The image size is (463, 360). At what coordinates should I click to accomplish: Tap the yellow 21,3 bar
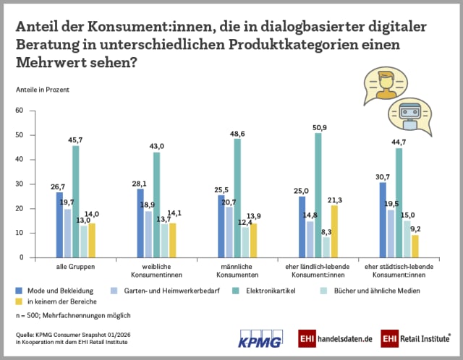[334, 231]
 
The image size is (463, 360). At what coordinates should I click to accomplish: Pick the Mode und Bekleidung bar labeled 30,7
[383, 220]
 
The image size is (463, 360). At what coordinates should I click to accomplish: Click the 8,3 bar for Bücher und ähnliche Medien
[326, 247]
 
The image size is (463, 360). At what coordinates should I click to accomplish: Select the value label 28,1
[140, 183]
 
